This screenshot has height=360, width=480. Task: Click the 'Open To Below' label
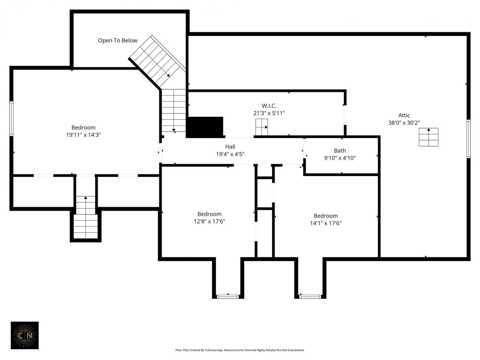tap(118, 40)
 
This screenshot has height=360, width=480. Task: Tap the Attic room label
tap(404, 115)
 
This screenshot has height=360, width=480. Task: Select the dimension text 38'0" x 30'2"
tap(404, 123)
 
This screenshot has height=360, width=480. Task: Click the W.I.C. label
tap(269, 106)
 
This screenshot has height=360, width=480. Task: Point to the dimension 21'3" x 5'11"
tap(269, 113)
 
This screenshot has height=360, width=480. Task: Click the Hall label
tap(230, 147)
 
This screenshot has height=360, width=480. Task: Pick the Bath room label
tap(340, 151)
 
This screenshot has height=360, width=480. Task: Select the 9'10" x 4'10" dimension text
tap(340, 158)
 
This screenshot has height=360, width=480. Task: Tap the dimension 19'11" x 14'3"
tap(83, 135)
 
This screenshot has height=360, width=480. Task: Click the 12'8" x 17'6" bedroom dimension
tap(209, 221)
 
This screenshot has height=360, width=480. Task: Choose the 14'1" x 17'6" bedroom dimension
tap(326, 223)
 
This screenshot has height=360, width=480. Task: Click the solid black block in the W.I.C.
tap(205, 127)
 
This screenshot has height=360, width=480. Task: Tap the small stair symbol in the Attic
tap(428, 137)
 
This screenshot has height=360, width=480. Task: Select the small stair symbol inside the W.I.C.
tap(261, 127)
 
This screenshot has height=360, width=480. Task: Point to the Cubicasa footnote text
tap(240, 350)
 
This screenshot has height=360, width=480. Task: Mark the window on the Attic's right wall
tap(468, 139)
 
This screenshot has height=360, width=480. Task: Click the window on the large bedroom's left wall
tap(11, 119)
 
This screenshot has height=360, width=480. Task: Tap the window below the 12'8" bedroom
tap(228, 297)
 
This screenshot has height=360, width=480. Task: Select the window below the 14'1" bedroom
tap(310, 297)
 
